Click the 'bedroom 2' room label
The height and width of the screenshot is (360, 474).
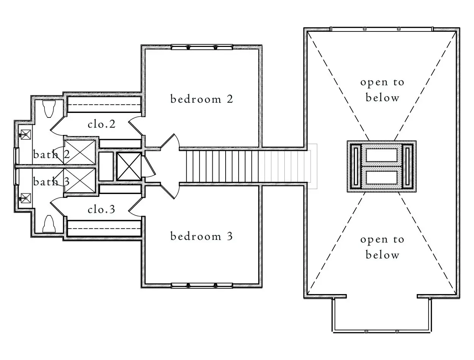coord(201,99)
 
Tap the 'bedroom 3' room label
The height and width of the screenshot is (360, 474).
coord(201,237)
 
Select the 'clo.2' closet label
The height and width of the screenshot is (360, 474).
coord(101,124)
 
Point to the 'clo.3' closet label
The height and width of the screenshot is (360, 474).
coord(101,209)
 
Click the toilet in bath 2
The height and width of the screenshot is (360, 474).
coord(50,109)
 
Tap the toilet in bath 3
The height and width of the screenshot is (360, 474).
coord(50,224)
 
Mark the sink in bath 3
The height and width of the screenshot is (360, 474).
coord(26,197)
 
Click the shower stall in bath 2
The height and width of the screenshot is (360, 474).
coord(80,152)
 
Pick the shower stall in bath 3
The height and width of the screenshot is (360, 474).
coord(80,181)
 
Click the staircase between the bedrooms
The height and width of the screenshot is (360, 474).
coord(228,166)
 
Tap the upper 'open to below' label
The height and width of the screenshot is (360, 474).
coord(382,90)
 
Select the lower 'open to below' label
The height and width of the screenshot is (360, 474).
coord(382,247)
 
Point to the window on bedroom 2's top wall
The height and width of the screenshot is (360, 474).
coord(201,47)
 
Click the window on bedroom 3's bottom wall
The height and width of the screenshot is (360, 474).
coord(201,285)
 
